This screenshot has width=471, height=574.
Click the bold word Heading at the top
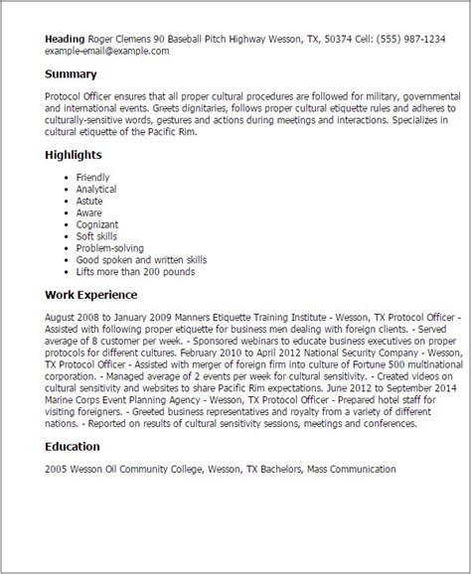pyautogui.click(x=65, y=39)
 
